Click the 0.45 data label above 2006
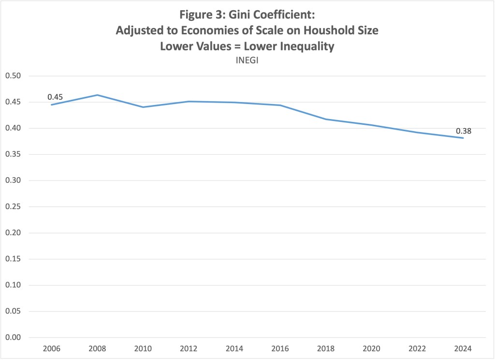[x=55, y=97]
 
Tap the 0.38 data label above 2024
[x=463, y=131]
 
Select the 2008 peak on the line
[x=97, y=95]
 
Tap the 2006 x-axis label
[x=51, y=348]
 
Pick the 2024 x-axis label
[x=463, y=348]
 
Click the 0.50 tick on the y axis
[x=14, y=76]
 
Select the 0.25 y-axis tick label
[x=14, y=207]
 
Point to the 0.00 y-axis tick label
[x=14, y=337]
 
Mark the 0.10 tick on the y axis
[x=14, y=285]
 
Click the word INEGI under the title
[x=247, y=61]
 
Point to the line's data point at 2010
[x=143, y=107]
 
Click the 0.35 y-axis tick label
[x=14, y=154]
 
